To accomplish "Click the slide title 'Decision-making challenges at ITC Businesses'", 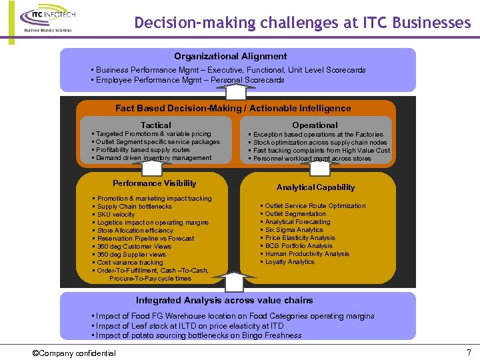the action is (302, 23).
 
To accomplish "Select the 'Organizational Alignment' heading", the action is (231, 57).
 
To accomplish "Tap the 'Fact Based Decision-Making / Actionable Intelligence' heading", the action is (233, 108).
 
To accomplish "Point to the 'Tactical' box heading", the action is (155, 125).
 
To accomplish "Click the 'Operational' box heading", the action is (315, 125).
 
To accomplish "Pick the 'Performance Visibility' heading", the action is (155, 183).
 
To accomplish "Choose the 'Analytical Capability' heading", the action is (315, 187).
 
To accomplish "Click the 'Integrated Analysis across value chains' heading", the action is (224, 300).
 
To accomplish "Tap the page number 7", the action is (468, 351).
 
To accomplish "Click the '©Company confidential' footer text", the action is (74, 353).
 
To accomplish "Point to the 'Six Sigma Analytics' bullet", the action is (294, 230).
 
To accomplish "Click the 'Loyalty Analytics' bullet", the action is (290, 262).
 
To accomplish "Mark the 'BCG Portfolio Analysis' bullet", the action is (299, 246).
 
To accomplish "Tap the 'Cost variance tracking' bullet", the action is (130, 263).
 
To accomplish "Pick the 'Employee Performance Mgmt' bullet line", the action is (190, 80).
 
